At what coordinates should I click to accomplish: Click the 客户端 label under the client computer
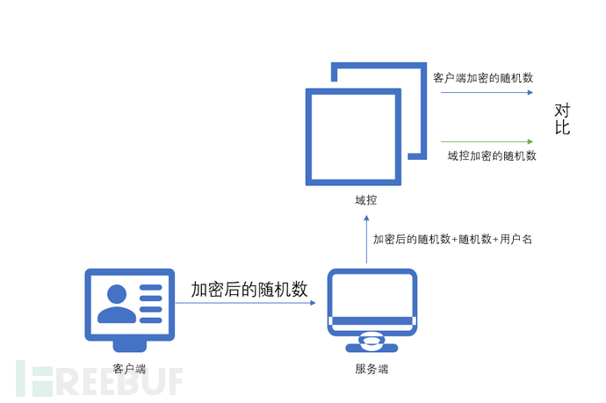tap(129, 369)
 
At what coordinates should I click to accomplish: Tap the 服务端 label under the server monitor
tap(372, 369)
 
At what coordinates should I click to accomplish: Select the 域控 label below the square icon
tap(365, 200)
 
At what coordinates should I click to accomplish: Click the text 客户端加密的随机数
tap(483, 77)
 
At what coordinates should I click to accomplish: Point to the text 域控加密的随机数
tap(492, 155)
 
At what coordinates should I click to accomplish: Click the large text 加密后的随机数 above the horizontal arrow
tap(249, 289)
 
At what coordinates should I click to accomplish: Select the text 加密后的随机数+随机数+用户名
tap(452, 239)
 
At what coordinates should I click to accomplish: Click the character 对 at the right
tap(562, 111)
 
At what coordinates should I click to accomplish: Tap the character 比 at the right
tap(562, 127)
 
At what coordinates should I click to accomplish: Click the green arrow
tap(487, 142)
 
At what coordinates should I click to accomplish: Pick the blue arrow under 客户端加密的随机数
tap(487, 92)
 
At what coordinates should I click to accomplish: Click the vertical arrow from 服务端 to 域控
tap(366, 240)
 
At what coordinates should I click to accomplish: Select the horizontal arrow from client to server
tap(245, 303)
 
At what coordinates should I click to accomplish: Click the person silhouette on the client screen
tap(117, 304)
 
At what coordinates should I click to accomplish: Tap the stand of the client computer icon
tap(129, 346)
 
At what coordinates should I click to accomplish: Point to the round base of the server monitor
tap(372, 343)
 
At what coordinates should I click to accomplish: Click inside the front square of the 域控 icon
tap(353, 137)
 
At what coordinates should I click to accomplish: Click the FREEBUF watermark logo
tap(99, 378)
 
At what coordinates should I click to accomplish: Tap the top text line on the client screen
tap(150, 287)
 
